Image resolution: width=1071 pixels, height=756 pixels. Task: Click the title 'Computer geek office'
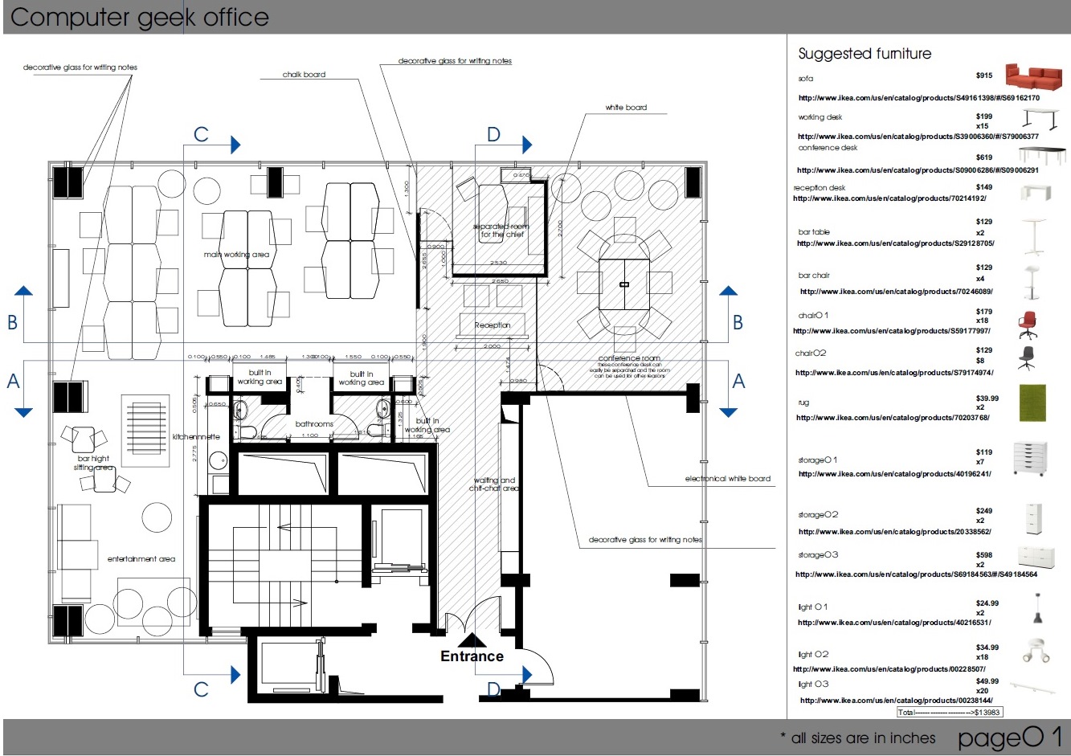pos(140,18)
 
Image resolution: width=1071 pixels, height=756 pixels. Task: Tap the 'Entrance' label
pos(472,656)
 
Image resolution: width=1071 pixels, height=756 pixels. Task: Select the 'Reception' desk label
pos(493,325)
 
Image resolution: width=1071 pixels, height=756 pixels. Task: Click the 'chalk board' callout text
pos(304,75)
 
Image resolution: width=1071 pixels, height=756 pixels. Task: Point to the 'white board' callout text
pos(626,108)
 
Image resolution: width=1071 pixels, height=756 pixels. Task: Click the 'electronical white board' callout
pos(727,479)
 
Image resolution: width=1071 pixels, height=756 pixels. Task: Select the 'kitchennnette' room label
pos(196,437)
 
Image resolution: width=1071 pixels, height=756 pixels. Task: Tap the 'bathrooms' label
pos(314,423)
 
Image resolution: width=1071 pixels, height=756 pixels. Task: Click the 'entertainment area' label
pos(141,559)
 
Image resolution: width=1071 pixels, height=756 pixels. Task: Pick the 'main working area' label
pos(236,255)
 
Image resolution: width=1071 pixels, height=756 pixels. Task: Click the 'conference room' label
pos(629,358)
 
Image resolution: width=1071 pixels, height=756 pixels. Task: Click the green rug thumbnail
pos(1032,403)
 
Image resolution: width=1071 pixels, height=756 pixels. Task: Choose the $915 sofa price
pos(984,76)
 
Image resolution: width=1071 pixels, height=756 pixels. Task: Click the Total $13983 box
pos(949,712)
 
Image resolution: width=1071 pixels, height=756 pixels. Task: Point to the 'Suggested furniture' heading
pos(865,54)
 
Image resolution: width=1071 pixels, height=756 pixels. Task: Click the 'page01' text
pos(1010,737)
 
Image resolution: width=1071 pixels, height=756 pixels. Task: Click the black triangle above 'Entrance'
pos(472,640)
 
